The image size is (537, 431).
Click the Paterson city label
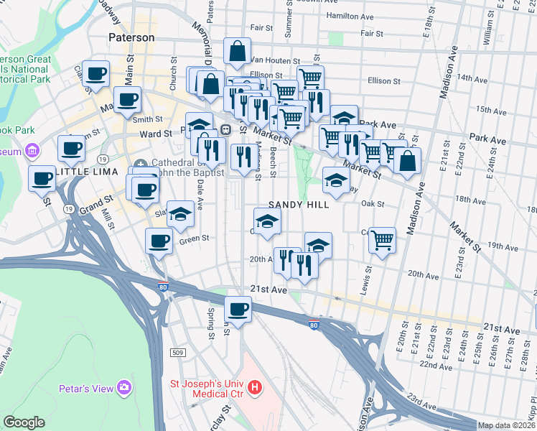click(x=131, y=37)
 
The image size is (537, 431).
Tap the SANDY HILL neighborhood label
click(x=299, y=205)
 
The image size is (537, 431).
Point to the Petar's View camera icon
click(x=126, y=388)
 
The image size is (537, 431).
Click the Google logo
click(x=24, y=422)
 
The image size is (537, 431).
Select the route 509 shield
click(x=178, y=353)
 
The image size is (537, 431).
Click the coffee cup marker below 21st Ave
click(x=238, y=310)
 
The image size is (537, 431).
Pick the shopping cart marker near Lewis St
click(x=383, y=239)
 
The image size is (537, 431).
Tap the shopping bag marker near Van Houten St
click(x=237, y=51)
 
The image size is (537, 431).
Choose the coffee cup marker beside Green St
click(x=159, y=241)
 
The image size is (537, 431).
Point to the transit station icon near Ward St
click(x=225, y=130)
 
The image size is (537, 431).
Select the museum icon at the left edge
click(x=31, y=151)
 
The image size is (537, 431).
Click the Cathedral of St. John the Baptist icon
click(x=140, y=163)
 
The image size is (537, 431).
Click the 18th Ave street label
click(x=470, y=199)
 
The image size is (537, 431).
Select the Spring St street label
click(x=211, y=323)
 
